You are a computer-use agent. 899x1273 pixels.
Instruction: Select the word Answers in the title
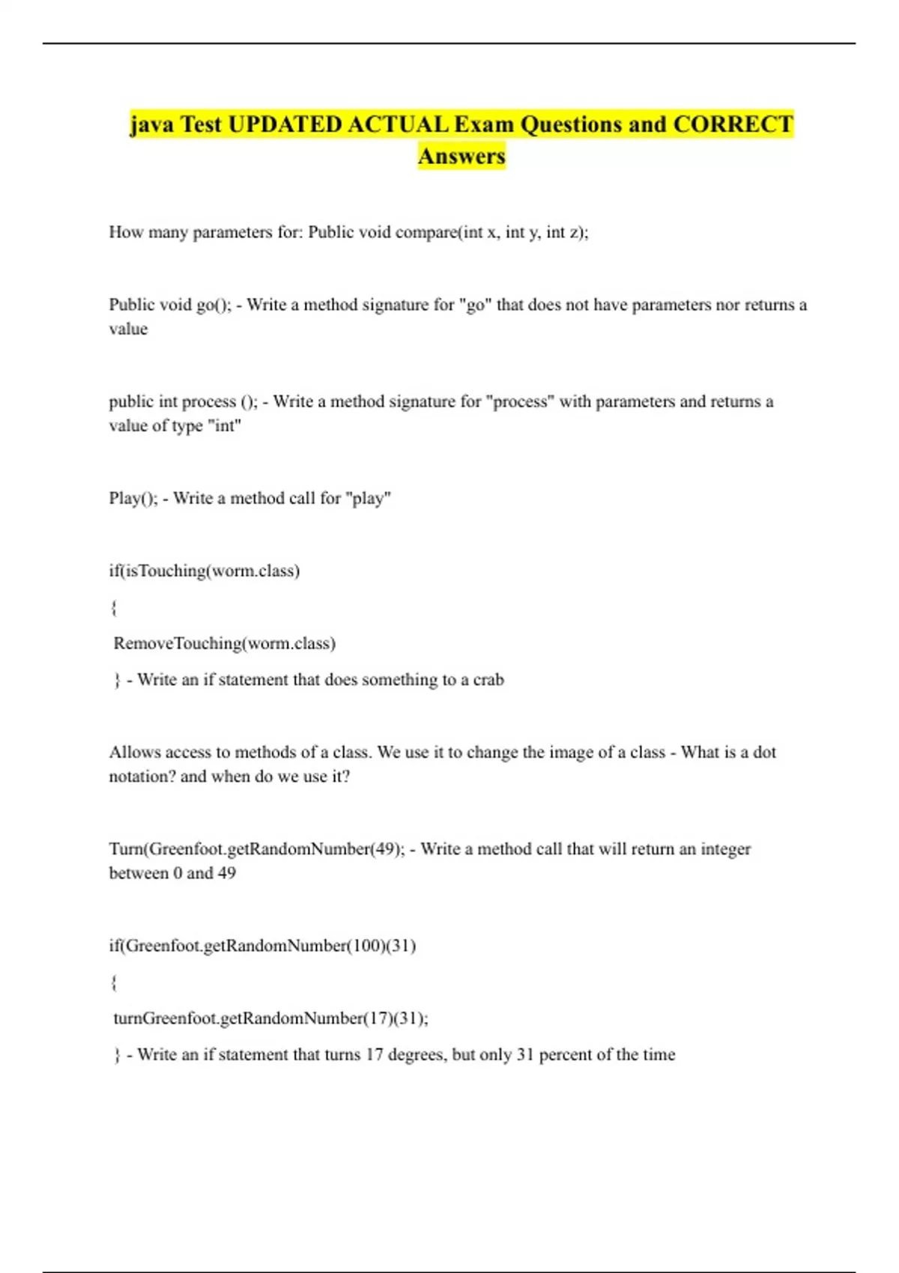[461, 157]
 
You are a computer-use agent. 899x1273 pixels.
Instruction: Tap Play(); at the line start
[133, 498]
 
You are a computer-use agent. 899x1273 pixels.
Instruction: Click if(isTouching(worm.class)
[205, 571]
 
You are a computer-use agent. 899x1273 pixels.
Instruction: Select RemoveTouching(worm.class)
[225, 643]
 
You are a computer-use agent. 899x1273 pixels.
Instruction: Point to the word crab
[488, 680]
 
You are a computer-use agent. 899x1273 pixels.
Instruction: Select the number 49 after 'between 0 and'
[226, 873]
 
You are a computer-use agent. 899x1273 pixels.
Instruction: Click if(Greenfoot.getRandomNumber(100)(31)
[262, 946]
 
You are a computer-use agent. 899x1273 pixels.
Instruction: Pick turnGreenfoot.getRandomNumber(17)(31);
[270, 1018]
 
